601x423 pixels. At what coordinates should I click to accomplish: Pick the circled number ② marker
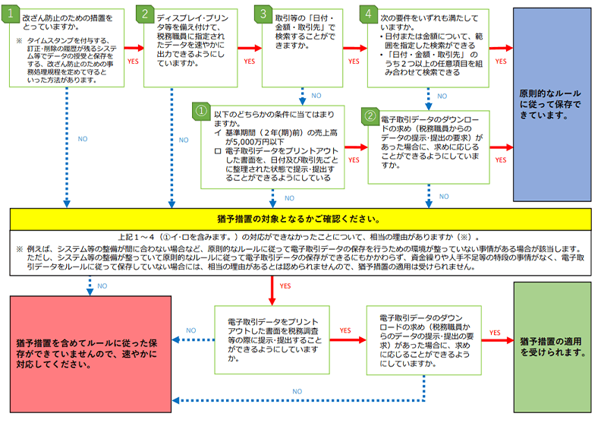(370, 118)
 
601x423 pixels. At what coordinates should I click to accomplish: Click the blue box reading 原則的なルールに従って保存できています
(552, 104)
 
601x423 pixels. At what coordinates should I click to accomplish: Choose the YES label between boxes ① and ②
(354, 161)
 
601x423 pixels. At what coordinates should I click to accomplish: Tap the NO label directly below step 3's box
(316, 96)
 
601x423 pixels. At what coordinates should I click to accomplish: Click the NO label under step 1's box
(83, 140)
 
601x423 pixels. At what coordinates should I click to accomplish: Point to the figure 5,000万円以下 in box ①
(246, 140)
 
